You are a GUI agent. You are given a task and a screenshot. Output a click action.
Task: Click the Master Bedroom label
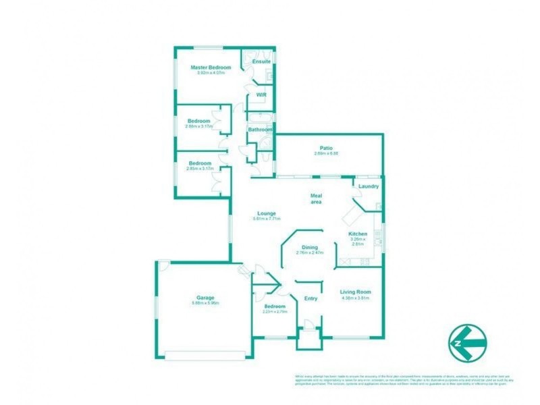[x=211, y=67]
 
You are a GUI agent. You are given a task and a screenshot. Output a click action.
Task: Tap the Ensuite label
[x=261, y=61]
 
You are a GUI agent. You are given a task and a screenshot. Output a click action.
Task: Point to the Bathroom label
[x=260, y=130]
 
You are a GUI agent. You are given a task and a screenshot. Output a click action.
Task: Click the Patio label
[x=327, y=148]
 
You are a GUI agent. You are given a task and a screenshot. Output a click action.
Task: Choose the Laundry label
[x=368, y=186]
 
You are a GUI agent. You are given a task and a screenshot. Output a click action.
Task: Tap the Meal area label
[x=315, y=198]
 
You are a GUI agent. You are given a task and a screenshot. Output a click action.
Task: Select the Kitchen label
[x=358, y=234]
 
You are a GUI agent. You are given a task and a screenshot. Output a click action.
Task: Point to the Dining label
[x=310, y=247]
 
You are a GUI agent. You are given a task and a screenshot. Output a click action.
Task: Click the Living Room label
[x=356, y=292]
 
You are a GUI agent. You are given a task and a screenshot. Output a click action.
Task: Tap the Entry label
[x=310, y=298]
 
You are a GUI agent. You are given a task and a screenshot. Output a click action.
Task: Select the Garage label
[x=205, y=297]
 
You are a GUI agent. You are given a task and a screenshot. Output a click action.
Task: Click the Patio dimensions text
[x=327, y=154]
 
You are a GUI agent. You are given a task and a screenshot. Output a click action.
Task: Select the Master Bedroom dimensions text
[x=211, y=73]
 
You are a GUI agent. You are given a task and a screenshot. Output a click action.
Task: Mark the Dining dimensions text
[x=310, y=253]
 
